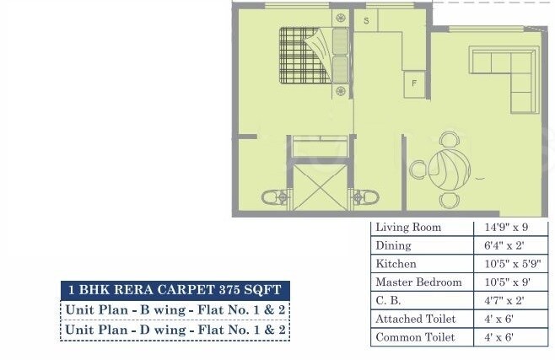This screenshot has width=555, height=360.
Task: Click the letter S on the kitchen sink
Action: point(367,19)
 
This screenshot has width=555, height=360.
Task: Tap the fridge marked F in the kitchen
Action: point(414,83)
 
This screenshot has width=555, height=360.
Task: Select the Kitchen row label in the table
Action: point(395,264)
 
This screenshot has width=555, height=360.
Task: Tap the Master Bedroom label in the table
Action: point(418,282)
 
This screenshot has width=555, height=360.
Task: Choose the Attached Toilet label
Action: point(415,320)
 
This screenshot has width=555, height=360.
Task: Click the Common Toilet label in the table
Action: point(415,337)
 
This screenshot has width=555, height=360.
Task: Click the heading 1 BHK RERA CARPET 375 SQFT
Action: point(175,289)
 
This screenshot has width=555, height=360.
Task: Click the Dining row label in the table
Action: point(393,245)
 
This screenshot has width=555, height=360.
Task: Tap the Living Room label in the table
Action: point(408,228)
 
